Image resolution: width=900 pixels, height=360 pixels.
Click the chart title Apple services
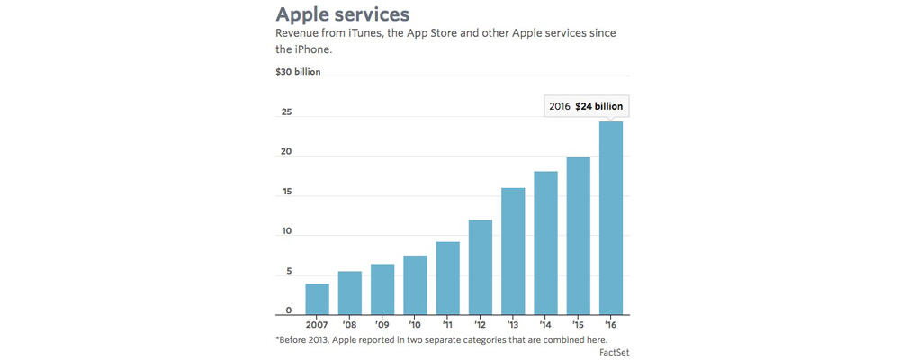pos(342,14)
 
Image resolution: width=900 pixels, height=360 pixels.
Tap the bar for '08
pos(349,292)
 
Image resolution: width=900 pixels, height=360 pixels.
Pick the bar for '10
pos(415,284)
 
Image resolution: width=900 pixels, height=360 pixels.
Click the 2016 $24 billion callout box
pos(585,105)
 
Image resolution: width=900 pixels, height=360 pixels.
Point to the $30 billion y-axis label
pos(298,72)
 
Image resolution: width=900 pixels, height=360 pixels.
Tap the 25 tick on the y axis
pos(285,112)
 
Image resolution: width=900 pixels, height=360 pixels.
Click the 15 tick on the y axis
pos(285,192)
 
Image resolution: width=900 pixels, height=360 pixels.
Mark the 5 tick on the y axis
pos(288,271)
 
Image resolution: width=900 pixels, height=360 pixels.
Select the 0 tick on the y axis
pos(289,310)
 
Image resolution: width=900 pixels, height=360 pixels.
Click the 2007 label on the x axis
pos(317,325)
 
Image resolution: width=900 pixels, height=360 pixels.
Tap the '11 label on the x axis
pos(447,325)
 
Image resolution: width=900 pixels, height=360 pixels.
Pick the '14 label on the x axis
pos(545,325)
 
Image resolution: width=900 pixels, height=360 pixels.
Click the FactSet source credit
pos(614,352)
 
